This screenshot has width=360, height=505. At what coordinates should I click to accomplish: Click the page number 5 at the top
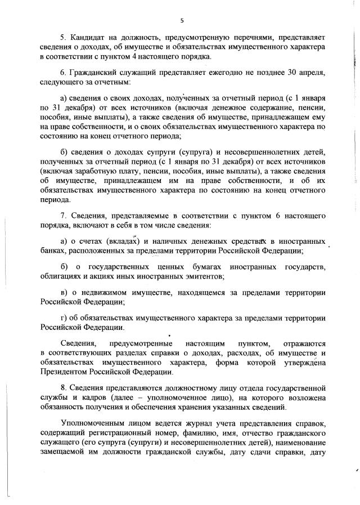[x=182, y=21]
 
